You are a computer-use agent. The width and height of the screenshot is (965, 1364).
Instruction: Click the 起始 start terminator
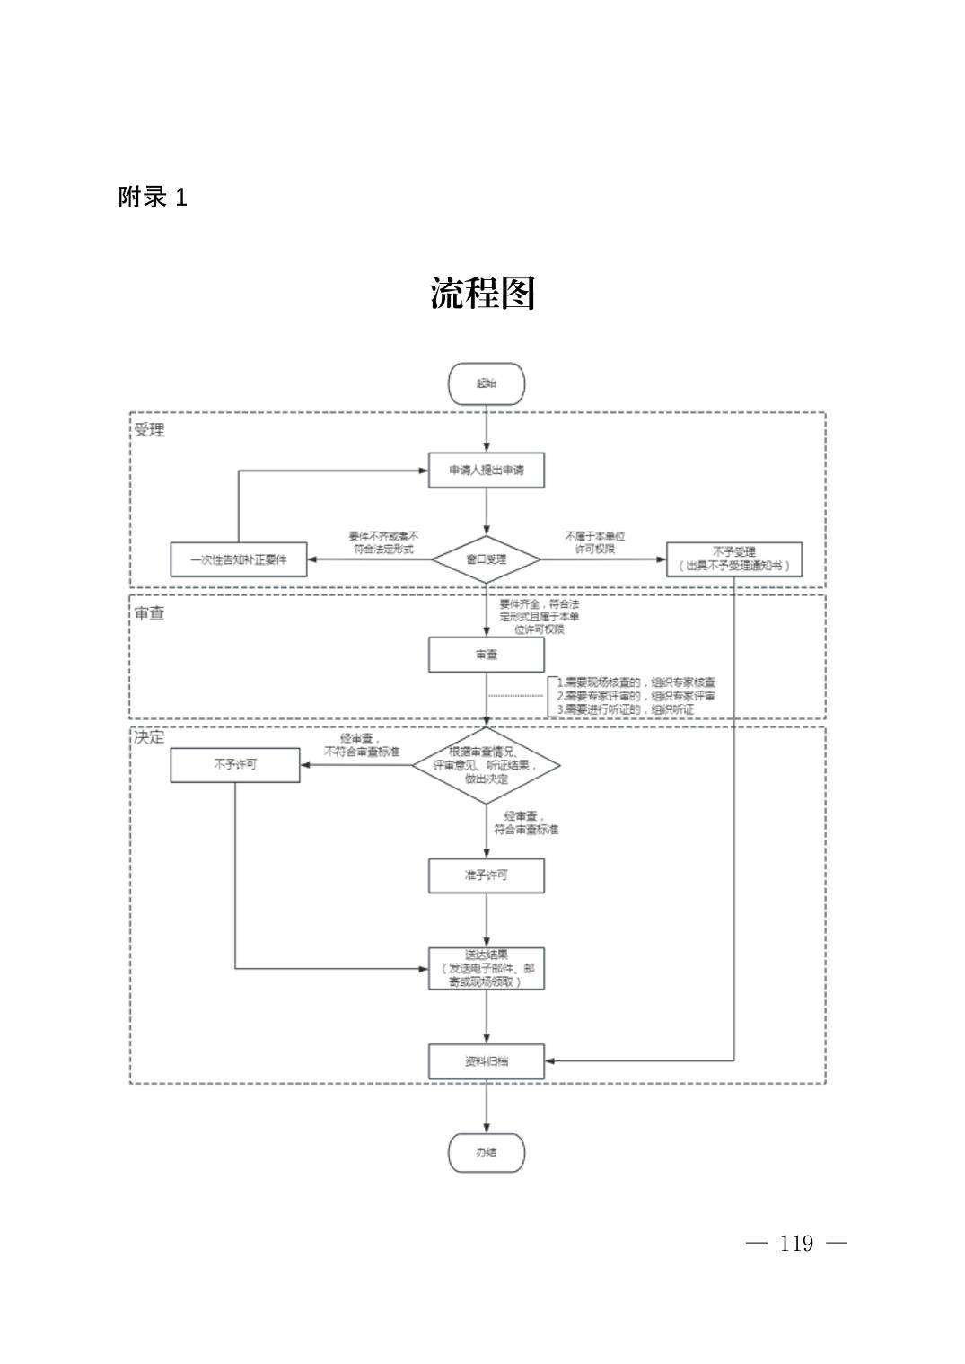[486, 383]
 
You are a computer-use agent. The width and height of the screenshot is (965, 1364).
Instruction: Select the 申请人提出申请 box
[486, 470]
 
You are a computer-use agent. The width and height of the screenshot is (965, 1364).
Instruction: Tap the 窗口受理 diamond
[486, 559]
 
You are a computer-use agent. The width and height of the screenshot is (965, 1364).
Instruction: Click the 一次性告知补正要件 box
[239, 559]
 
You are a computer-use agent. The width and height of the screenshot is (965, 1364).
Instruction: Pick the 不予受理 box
[733, 559]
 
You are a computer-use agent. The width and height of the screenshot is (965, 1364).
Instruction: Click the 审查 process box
[486, 655]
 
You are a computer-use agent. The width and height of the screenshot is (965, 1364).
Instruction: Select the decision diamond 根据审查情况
[486, 765]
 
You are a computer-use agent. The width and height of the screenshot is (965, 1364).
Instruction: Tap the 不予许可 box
[235, 765]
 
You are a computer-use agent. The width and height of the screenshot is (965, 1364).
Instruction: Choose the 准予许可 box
[486, 875]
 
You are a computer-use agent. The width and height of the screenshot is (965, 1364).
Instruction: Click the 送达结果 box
[486, 969]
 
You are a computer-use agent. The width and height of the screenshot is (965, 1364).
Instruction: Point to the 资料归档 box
[486, 1061]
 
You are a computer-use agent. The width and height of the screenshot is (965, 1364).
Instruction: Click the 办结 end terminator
[486, 1152]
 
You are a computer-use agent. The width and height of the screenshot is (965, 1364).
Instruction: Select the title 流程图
[483, 294]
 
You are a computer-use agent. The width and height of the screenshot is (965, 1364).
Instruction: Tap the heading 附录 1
[153, 198]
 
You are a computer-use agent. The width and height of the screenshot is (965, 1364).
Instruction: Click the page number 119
[796, 1244]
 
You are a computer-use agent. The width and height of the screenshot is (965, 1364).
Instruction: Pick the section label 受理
[149, 430]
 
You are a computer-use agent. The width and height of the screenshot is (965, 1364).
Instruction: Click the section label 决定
[149, 737]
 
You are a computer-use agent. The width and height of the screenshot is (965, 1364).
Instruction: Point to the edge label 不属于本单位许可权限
[595, 541]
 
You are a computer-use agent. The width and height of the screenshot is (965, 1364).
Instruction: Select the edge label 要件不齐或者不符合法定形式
[383, 541]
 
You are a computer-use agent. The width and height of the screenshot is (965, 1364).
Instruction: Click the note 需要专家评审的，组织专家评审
[636, 696]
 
